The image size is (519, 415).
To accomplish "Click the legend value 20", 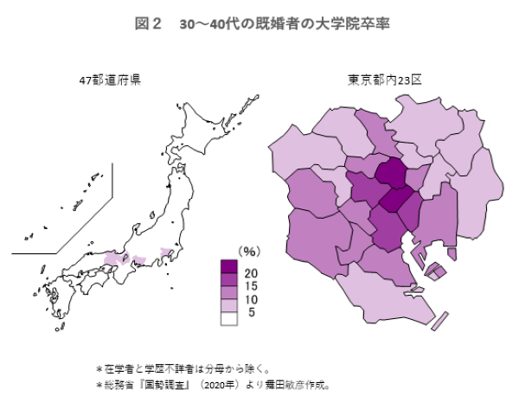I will coord(252,273).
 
